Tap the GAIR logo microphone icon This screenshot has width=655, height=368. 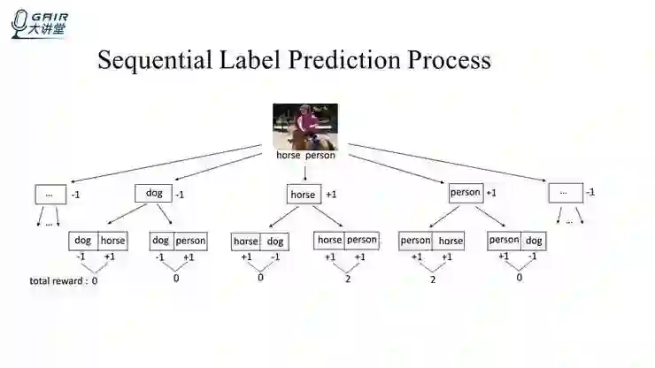(18, 24)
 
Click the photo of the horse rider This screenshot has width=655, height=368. (305, 126)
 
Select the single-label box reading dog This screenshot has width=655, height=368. (154, 193)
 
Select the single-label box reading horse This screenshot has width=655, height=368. (303, 194)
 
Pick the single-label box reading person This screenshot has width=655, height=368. (465, 192)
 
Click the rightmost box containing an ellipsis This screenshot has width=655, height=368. (565, 192)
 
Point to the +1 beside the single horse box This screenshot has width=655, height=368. (331, 194)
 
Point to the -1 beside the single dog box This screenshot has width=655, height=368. (179, 194)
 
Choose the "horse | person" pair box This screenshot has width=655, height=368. (346, 240)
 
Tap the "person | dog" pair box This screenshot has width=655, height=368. (516, 240)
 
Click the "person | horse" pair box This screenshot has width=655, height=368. (431, 241)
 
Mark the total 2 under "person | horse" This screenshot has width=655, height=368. (432, 280)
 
